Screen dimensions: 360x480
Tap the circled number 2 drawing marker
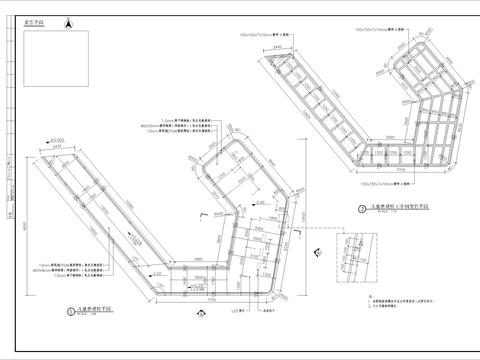coord(358,209)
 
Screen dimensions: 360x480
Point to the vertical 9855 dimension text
coord(19,225)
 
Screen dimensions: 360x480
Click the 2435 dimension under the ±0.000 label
coord(58,149)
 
